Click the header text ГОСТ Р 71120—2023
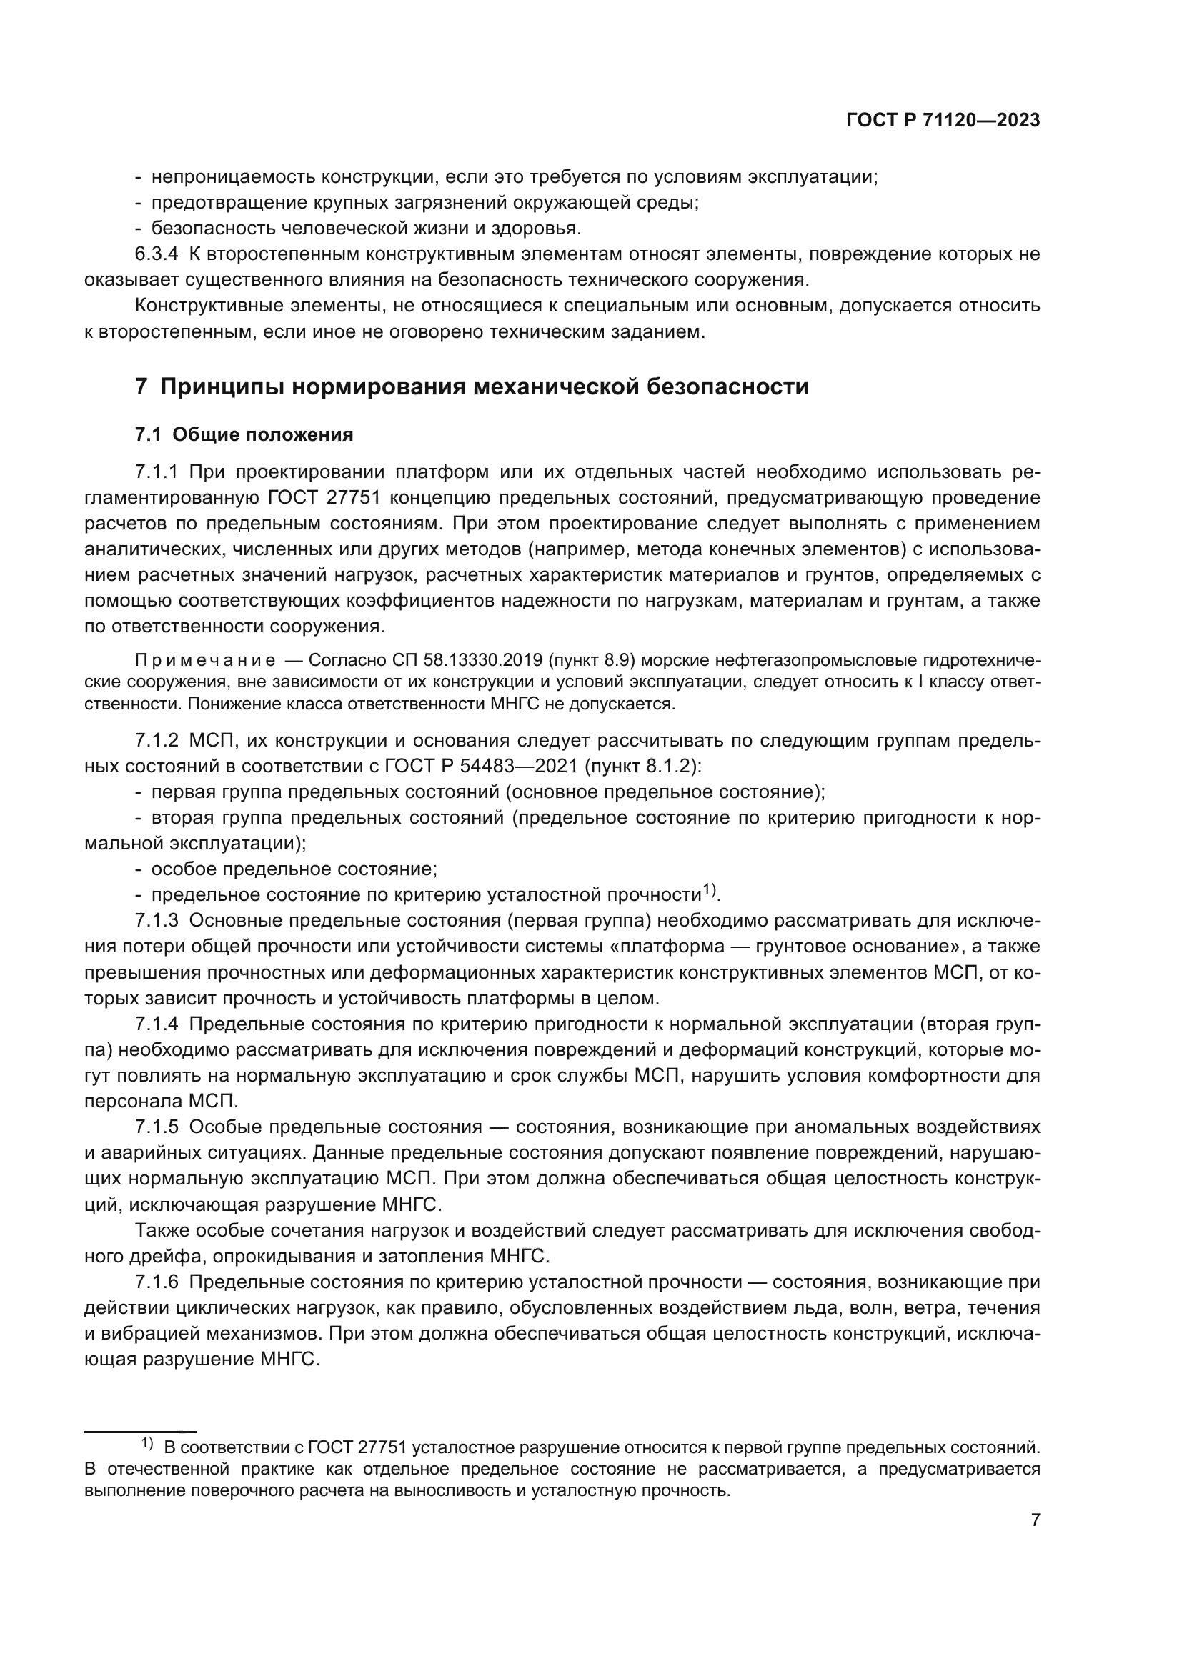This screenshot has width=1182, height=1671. click(x=943, y=121)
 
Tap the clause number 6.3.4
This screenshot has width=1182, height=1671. click(x=156, y=255)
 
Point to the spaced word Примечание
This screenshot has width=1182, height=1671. click(x=205, y=661)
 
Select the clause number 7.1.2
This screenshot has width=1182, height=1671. click(x=156, y=741)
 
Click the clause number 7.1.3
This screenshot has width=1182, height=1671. click(x=156, y=920)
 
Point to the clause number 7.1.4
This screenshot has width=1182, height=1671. click(x=156, y=1024)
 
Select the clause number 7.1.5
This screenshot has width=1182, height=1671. click(x=156, y=1127)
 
